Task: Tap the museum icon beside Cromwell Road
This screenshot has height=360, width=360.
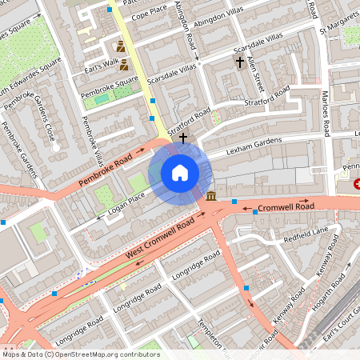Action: pos(210,197)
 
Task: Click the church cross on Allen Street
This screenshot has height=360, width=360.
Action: pos(238,62)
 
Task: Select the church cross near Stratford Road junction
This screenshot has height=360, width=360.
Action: pos(182,138)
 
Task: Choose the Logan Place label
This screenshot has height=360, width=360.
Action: pos(126,199)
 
